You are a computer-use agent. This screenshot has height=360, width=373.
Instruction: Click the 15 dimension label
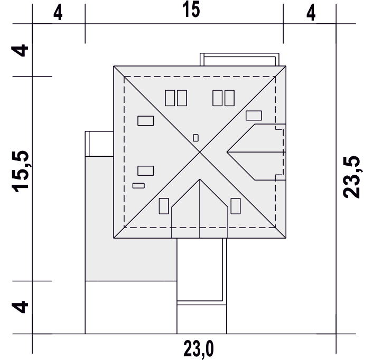tap(191, 10)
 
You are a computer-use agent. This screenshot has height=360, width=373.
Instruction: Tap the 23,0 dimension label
tap(199, 349)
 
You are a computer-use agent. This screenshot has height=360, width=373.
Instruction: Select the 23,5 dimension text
tap(351, 177)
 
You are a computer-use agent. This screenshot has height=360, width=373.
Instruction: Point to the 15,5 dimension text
tap(20, 171)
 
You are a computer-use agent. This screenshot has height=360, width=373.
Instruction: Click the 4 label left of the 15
tap(58, 13)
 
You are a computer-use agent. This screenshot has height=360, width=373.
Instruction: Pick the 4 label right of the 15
tap(311, 13)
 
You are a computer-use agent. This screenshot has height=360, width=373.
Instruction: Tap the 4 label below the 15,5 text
tap(20, 307)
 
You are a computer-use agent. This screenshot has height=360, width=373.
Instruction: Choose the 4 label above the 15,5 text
tap(20, 50)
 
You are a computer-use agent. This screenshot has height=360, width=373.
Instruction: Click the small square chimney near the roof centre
tap(195, 138)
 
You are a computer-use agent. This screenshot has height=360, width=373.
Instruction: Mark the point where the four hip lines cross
tap(200, 152)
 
